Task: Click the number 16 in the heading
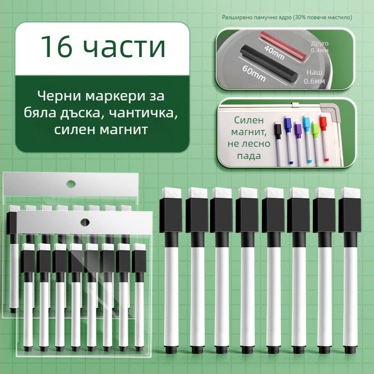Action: pyautogui.click(x=56, y=46)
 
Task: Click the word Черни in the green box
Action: pyautogui.click(x=59, y=96)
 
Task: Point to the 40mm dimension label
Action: pyautogui.click(x=274, y=53)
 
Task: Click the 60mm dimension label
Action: pyautogui.click(x=254, y=73)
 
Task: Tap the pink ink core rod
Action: pyautogui.click(x=283, y=45)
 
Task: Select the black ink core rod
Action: pyautogui.click(x=269, y=65)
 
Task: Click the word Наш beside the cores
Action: pyautogui.click(x=314, y=72)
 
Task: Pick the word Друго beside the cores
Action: pyautogui.click(x=320, y=43)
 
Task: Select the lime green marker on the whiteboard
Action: pyautogui.click(x=316, y=144)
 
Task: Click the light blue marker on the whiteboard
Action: pyautogui.click(x=308, y=139)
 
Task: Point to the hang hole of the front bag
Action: pyautogui.click(x=85, y=223)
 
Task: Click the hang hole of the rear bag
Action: pyautogui.click(x=71, y=184)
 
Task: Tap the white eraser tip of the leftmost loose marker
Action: pyautogui.click(x=172, y=193)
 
